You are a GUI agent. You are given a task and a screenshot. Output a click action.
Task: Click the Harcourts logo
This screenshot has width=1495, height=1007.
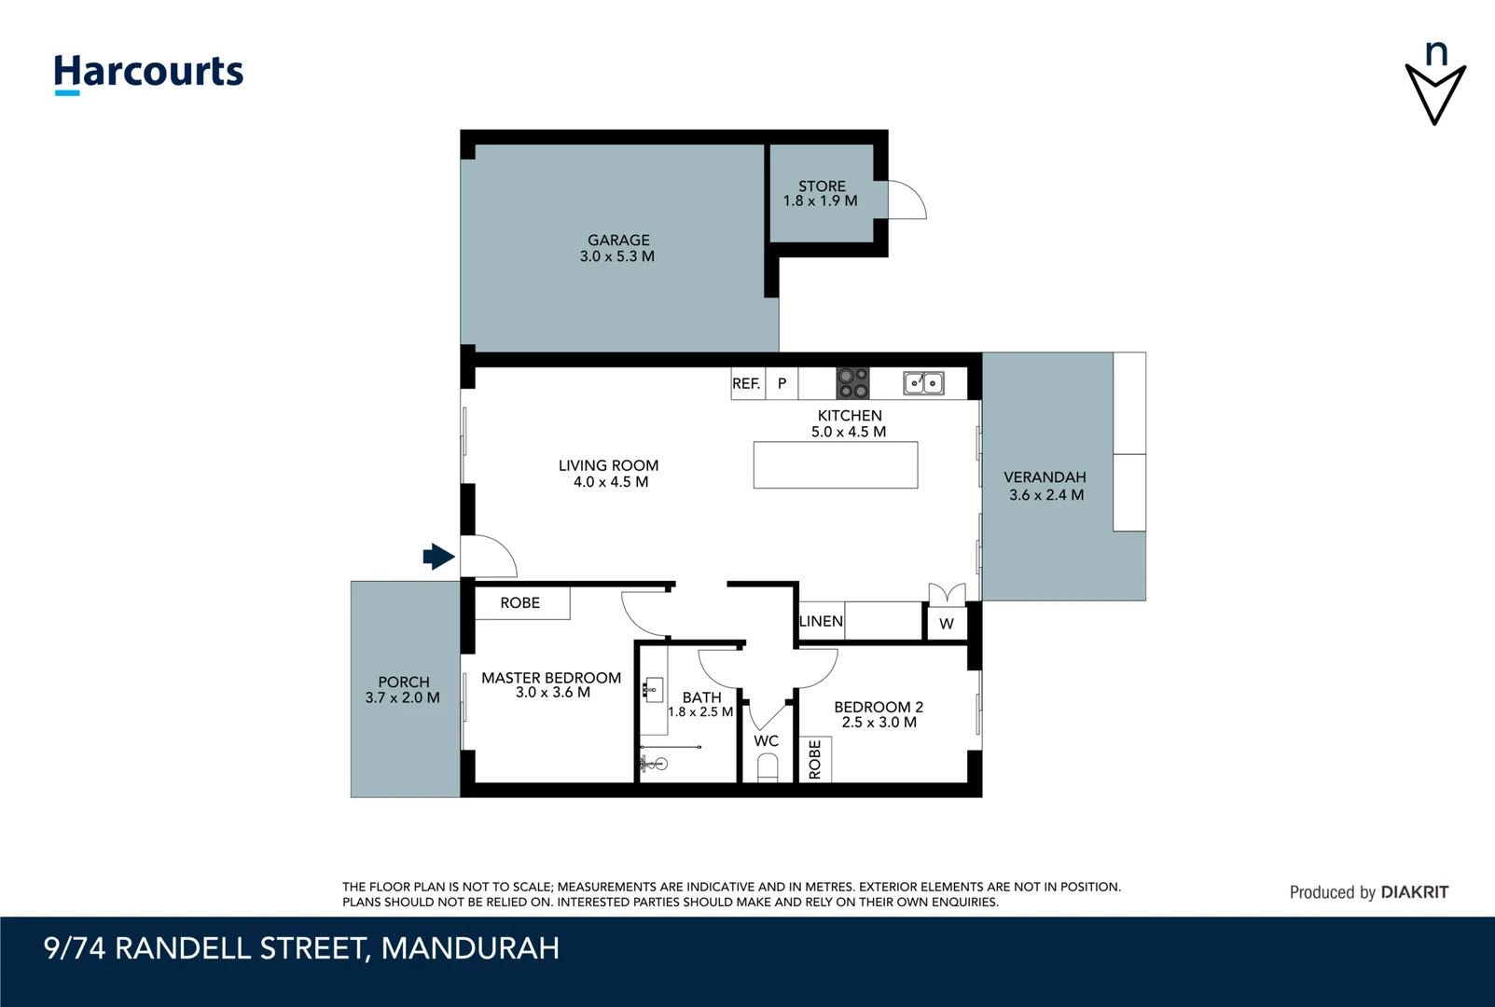coord(148,74)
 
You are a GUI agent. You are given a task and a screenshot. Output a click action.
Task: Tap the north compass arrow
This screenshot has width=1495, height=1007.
coord(1435,92)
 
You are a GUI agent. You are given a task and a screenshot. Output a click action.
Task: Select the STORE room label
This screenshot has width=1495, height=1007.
coord(822,186)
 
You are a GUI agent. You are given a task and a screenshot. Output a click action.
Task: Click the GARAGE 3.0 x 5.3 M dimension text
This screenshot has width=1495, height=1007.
coord(616,256)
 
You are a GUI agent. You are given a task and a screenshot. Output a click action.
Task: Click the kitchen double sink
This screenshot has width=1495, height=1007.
coord(923,383)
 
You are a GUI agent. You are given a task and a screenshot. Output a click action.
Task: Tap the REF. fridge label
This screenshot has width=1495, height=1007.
coord(746,384)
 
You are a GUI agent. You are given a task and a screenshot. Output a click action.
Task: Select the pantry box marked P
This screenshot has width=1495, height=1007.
coord(782,384)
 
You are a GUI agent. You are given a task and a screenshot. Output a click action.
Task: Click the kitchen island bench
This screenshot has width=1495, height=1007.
coord(836,465)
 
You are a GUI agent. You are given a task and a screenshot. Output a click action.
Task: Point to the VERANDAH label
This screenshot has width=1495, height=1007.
coord(1045,477)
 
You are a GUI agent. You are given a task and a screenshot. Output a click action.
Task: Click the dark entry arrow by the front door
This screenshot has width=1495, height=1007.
coord(438,557)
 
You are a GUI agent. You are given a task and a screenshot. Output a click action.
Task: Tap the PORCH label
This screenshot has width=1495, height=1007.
coord(403,682)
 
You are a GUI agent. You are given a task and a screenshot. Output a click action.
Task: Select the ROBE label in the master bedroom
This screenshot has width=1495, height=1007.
coord(519,602)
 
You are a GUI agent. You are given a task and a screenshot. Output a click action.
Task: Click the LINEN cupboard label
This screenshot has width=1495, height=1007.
coord(821,621)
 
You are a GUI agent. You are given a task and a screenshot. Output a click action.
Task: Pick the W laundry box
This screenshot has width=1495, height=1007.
coord(947,624)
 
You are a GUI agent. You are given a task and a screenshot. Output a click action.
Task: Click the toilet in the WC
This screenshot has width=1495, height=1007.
coord(768,768)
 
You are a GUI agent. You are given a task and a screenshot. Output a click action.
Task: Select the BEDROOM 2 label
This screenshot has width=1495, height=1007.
coord(879,707)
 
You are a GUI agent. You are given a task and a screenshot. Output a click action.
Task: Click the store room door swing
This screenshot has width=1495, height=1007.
coord(907,200)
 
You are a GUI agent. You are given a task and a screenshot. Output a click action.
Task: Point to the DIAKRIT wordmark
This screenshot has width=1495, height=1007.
coord(1414,892)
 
